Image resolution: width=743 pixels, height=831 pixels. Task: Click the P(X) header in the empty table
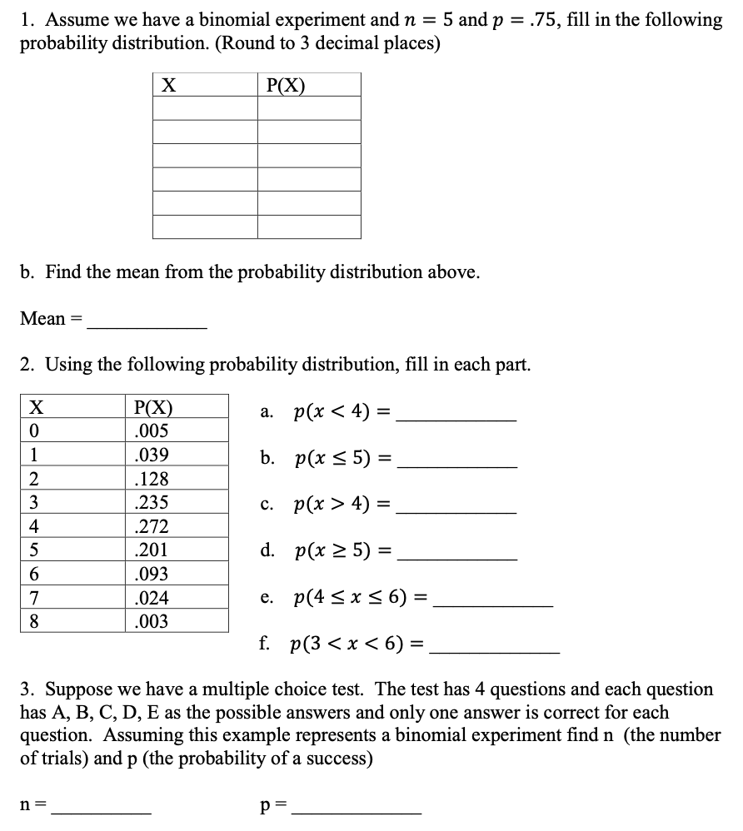(x=285, y=85)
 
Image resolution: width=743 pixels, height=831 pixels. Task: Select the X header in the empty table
(x=168, y=85)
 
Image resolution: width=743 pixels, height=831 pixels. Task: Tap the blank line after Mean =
(x=147, y=320)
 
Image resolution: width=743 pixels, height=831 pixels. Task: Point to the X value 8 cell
(x=35, y=621)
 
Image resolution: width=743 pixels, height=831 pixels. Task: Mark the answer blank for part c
(x=456, y=508)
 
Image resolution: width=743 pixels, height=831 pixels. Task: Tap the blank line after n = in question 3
(x=101, y=808)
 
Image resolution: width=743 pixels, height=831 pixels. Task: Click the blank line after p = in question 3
(x=362, y=808)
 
